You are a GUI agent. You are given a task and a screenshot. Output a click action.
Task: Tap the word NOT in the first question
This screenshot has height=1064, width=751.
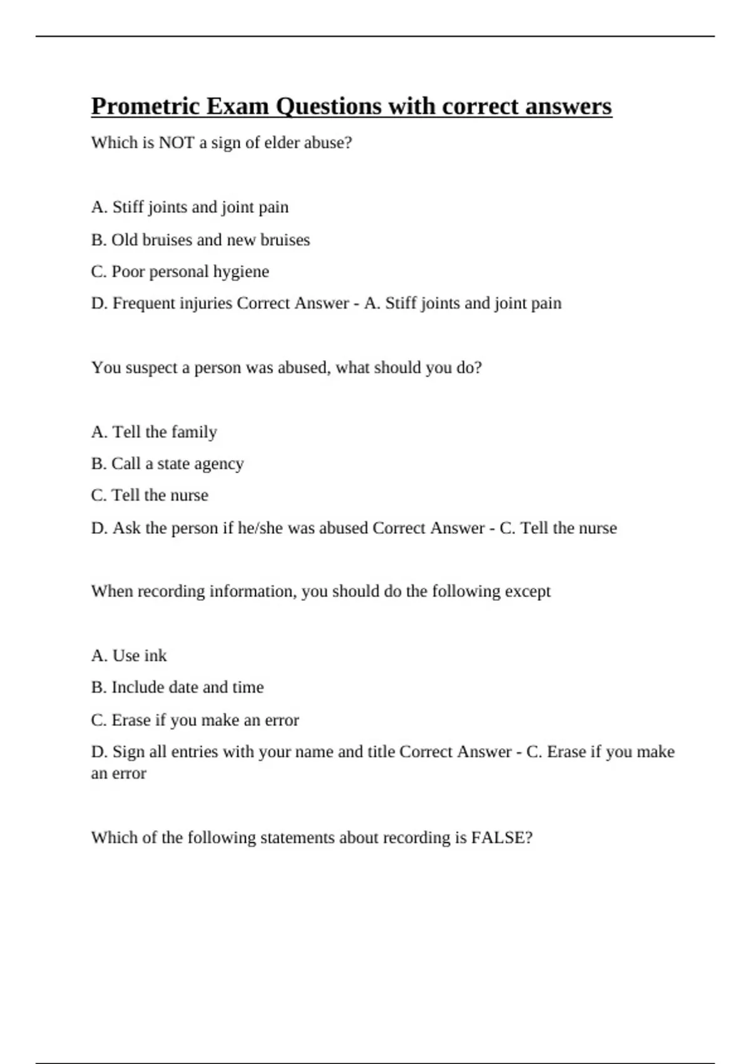[176, 143]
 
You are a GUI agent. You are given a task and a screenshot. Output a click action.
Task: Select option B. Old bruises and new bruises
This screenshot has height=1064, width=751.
[200, 240]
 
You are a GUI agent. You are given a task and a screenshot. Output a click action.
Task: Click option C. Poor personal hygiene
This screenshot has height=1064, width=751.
[180, 272]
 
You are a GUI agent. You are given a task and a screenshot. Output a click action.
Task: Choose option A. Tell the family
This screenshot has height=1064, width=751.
[154, 432]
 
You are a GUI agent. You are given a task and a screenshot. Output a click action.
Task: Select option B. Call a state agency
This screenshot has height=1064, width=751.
[167, 464]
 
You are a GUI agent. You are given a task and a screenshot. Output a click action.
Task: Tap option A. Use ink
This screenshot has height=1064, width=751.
[129, 656]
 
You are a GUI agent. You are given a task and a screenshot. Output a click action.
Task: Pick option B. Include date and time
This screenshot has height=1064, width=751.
[177, 687]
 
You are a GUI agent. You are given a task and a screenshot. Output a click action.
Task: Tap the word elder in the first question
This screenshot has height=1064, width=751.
[282, 143]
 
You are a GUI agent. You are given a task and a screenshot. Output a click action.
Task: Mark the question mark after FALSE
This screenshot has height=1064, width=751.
[529, 837]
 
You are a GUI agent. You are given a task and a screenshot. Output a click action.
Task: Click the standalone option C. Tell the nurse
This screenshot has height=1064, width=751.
[150, 496]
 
